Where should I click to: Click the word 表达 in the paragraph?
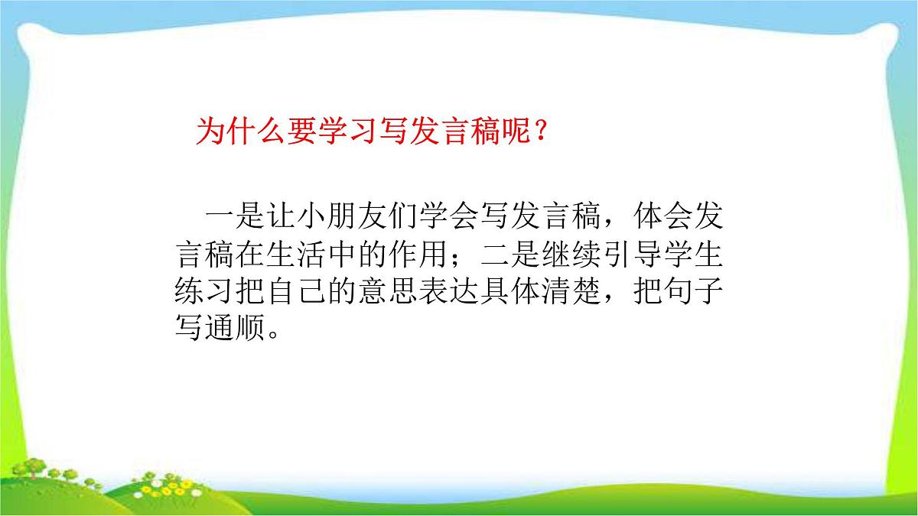450,293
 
